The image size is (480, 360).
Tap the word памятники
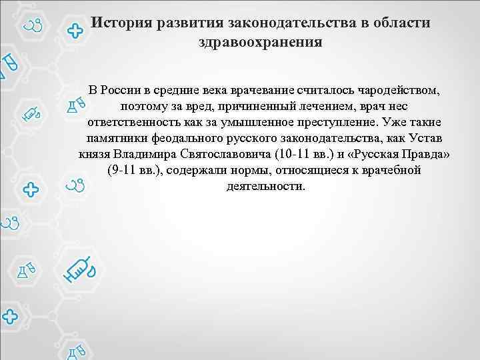pos(114,138)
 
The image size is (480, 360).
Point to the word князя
pos(94,154)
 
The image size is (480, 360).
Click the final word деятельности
pos(265,186)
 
